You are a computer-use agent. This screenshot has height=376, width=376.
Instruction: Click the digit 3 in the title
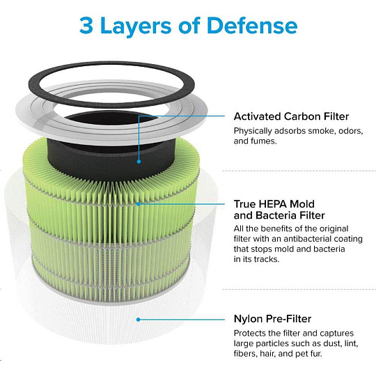[x=86, y=25]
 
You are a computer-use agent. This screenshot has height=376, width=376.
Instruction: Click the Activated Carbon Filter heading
[x=291, y=116]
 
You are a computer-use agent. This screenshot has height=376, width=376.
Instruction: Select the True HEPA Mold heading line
[x=274, y=204]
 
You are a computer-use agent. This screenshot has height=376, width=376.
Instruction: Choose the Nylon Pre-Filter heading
[x=272, y=319]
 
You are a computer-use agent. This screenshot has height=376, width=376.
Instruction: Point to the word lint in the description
[x=350, y=343]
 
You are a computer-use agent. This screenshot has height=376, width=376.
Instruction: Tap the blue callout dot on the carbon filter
[x=139, y=162]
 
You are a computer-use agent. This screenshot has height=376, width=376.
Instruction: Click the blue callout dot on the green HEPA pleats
[x=138, y=204]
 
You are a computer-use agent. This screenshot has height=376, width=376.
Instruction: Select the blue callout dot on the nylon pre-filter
[x=138, y=320]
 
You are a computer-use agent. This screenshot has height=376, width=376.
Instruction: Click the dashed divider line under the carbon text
[x=299, y=171]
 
